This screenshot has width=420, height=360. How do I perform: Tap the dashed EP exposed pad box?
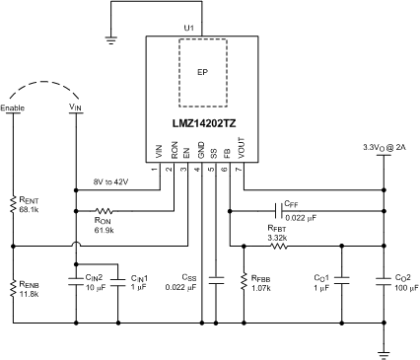point(201,72)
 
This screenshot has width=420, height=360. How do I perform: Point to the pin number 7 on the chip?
point(243,170)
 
